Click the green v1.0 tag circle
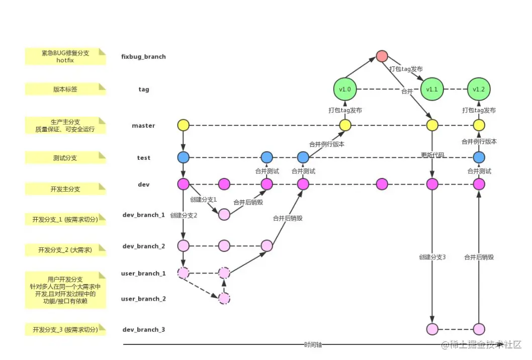[345, 89]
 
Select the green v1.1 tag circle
[432, 89]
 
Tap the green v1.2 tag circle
[479, 89]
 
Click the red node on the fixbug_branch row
[382, 56]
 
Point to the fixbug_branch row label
[143, 57]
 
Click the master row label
[143, 126]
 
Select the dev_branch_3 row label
[143, 330]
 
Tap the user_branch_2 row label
[143, 299]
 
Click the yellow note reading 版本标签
[65, 89]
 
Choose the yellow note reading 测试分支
[65, 158]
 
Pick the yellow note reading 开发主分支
[65, 189]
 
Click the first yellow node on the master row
[183, 125]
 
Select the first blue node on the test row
[183, 157]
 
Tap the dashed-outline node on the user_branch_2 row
[224, 299]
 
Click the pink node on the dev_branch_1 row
[224, 215]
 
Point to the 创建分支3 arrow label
[432, 257]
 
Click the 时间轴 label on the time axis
[313, 345]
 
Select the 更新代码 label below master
[432, 155]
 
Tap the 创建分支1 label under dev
[203, 199]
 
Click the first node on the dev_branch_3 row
[432, 329]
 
